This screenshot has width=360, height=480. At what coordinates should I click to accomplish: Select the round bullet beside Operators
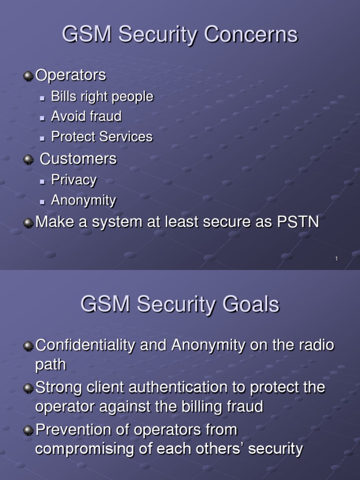point(29,75)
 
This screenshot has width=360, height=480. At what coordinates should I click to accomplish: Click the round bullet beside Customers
point(29,160)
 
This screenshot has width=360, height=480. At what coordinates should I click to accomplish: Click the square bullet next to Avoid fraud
point(42,118)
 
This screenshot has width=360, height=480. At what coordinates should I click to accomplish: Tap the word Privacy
point(74,180)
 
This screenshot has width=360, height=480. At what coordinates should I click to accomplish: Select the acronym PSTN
point(298,222)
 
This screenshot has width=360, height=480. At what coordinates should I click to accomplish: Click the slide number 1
point(337,259)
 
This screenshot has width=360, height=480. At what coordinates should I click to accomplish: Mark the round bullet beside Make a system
point(29,223)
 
